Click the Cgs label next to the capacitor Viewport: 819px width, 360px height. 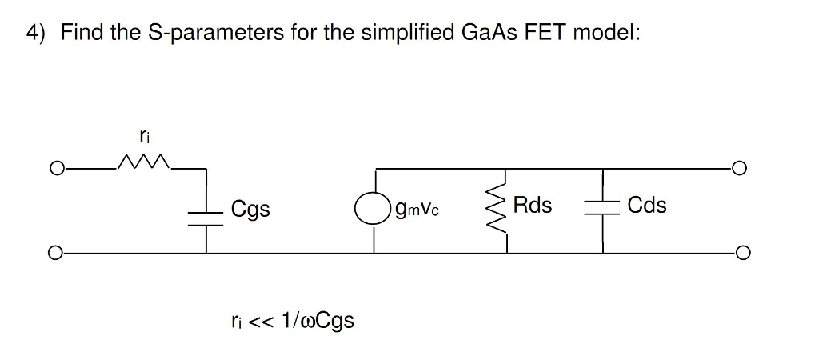tap(250, 210)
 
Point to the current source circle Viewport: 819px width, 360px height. tap(374, 210)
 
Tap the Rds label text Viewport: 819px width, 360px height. tap(533, 206)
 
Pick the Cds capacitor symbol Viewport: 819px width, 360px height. tap(603, 209)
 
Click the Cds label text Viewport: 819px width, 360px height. tap(647, 206)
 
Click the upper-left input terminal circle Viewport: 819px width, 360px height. tap(55, 170)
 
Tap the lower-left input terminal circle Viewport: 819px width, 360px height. tap(55, 253)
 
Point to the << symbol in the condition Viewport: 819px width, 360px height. tap(262, 321)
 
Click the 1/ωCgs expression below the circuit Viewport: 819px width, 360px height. tap(318, 322)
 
